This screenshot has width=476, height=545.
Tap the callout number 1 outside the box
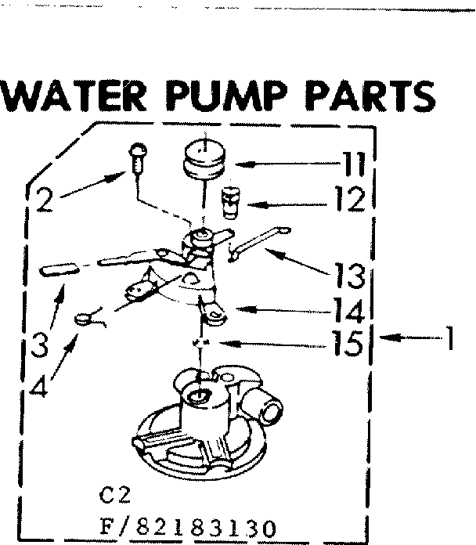pos(449,339)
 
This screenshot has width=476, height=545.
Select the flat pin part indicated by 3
pos(59,269)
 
